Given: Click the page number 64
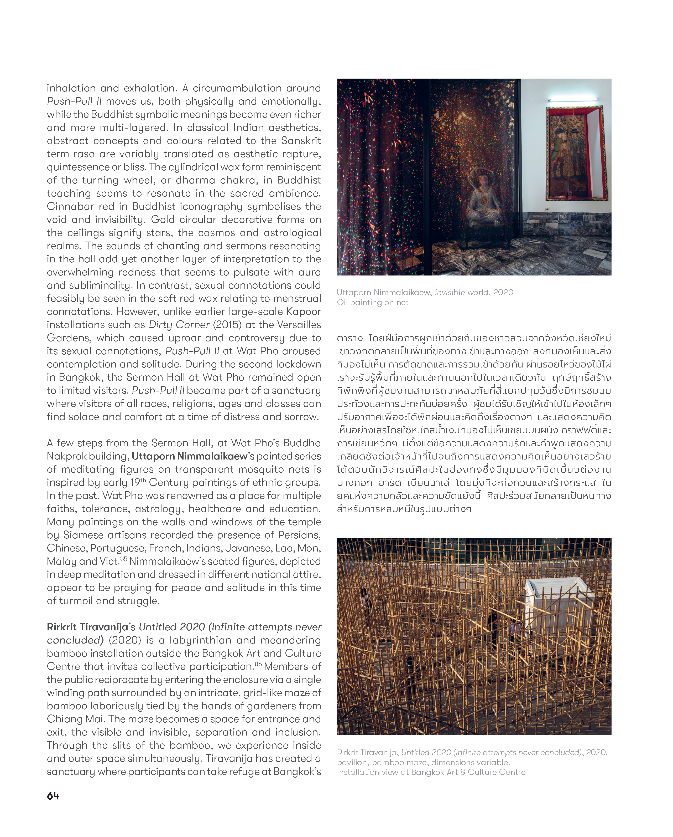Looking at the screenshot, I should [x=53, y=796].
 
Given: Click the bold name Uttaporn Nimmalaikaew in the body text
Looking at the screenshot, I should [x=189, y=456].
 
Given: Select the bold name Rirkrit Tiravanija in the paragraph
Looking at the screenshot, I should [x=87, y=627].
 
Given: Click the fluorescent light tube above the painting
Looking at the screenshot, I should [x=575, y=100].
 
